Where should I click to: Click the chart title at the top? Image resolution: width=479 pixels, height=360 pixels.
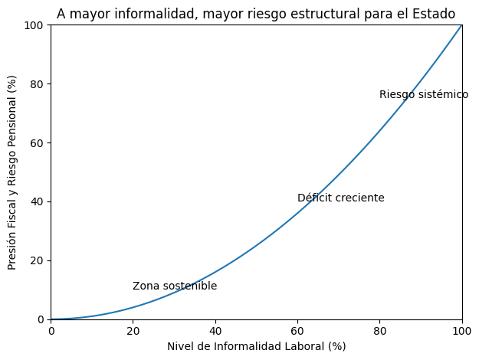(256, 14)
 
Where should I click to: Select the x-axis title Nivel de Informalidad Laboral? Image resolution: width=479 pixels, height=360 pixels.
(256, 346)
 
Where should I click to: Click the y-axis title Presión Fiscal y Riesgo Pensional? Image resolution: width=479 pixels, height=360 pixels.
(12, 172)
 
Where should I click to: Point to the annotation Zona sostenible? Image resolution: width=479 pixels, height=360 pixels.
(175, 286)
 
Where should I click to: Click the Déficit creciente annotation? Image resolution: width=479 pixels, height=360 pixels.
(341, 198)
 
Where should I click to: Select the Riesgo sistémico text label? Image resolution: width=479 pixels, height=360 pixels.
(424, 95)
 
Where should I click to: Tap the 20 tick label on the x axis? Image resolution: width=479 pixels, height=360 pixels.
(133, 330)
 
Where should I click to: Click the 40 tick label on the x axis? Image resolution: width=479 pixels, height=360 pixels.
(215, 330)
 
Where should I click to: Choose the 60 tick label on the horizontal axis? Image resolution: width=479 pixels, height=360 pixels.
(297, 330)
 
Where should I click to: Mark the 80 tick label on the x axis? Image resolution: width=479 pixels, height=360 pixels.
(379, 330)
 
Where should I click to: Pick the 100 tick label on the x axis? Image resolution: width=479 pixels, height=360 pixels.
(461, 330)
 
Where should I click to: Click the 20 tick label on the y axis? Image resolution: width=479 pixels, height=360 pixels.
(37, 260)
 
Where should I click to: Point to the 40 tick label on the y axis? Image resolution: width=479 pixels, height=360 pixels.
(37, 201)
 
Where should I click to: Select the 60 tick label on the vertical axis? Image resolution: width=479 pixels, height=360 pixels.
(37, 143)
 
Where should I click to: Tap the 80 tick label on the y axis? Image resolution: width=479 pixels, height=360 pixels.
(37, 84)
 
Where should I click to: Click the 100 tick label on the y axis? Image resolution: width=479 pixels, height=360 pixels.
(34, 25)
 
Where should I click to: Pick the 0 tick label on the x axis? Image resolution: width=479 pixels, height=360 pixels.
(51, 330)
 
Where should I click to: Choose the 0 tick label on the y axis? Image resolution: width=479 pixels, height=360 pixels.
(40, 319)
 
